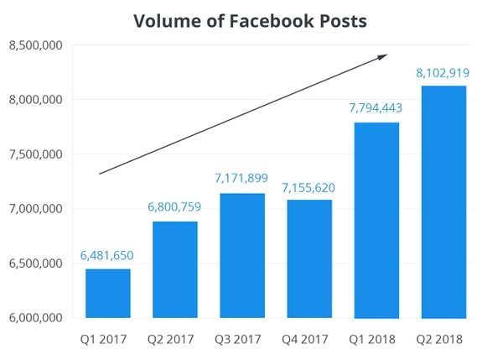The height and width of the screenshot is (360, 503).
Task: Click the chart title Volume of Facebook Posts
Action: click(x=251, y=21)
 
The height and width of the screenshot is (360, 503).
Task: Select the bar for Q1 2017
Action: click(x=107, y=294)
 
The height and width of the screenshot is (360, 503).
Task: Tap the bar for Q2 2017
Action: click(x=174, y=270)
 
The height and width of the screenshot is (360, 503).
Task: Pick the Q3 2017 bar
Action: click(x=241, y=256)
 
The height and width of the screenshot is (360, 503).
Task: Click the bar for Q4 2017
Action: click(x=309, y=259)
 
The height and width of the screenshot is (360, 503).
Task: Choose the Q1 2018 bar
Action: click(x=376, y=221)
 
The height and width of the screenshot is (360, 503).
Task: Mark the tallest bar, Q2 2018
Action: click(x=443, y=202)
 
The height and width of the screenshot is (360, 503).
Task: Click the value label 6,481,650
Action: click(x=107, y=255)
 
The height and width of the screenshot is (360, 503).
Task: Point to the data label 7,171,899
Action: click(x=241, y=179)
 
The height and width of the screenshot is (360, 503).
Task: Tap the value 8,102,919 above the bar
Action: click(x=443, y=73)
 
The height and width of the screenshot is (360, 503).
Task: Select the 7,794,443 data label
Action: click(x=376, y=108)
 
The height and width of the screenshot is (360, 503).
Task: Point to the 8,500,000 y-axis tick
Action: click(x=35, y=45)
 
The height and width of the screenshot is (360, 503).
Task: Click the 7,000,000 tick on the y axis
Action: click(x=35, y=209)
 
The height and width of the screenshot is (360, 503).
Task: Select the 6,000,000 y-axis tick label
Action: click(x=35, y=318)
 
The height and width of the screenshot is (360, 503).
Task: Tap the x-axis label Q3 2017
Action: click(x=241, y=339)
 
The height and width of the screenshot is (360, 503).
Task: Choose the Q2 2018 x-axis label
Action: click(x=443, y=339)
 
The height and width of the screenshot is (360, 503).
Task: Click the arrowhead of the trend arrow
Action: click(x=382, y=57)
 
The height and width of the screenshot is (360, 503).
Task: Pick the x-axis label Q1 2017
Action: click(x=107, y=339)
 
